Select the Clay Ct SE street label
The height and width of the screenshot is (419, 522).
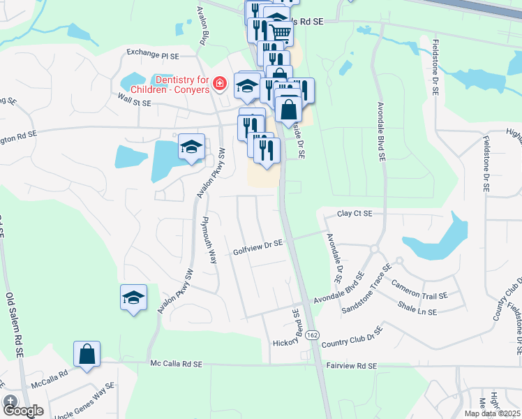pyautogui.click(x=355, y=214)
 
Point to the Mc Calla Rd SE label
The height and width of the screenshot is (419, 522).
pyautogui.click(x=176, y=364)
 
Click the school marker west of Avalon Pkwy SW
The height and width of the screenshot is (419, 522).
pyautogui.click(x=134, y=297)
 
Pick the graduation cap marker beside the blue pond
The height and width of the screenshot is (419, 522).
pyautogui.click(x=191, y=146)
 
